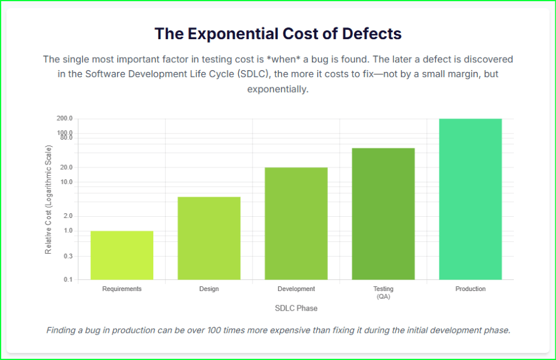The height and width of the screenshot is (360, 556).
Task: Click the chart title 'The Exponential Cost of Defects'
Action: point(278,34)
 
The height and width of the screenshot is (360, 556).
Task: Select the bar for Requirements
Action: point(122,255)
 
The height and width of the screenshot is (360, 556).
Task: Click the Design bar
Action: point(209,238)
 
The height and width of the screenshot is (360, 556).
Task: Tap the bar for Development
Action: point(296,223)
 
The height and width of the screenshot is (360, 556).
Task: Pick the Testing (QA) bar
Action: point(383,213)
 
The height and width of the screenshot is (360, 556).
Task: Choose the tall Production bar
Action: point(470,199)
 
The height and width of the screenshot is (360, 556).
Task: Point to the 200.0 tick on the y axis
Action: point(65,119)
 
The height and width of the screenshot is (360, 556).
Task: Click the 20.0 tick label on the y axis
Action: point(66,168)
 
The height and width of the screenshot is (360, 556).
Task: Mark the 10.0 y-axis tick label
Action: point(66,182)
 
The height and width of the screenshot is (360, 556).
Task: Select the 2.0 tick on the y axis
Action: point(68,216)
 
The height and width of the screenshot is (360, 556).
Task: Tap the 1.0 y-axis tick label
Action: point(68,230)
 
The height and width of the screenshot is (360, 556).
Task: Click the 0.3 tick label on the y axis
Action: point(68,257)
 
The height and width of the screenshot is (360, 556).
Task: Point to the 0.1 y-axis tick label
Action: point(68,280)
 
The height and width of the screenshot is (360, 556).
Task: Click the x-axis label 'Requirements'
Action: point(122,289)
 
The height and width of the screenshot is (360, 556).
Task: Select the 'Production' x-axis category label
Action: point(470,289)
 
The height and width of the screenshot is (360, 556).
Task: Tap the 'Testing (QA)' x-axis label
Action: point(383,292)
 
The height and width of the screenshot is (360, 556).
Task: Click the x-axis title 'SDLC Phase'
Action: point(296,308)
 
